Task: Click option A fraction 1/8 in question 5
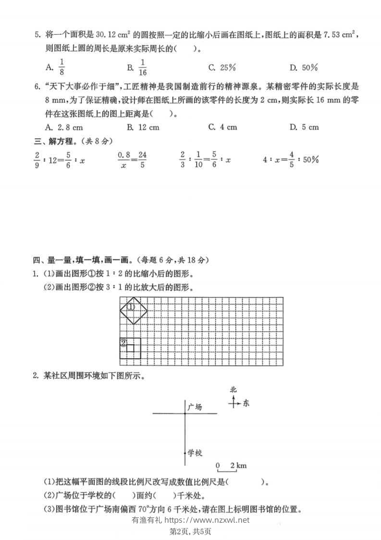click(x=58, y=67)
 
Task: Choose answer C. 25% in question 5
click(x=222, y=68)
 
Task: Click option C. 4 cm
click(x=223, y=127)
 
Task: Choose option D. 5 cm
click(x=305, y=127)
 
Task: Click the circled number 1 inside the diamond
click(x=131, y=306)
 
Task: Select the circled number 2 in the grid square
click(x=123, y=343)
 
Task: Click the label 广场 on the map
click(x=195, y=407)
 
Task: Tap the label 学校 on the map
click(x=195, y=453)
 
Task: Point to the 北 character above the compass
click(x=234, y=390)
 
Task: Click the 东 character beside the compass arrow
click(x=246, y=403)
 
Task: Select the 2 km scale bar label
click(x=238, y=465)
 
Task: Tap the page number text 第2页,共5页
click(x=191, y=531)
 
